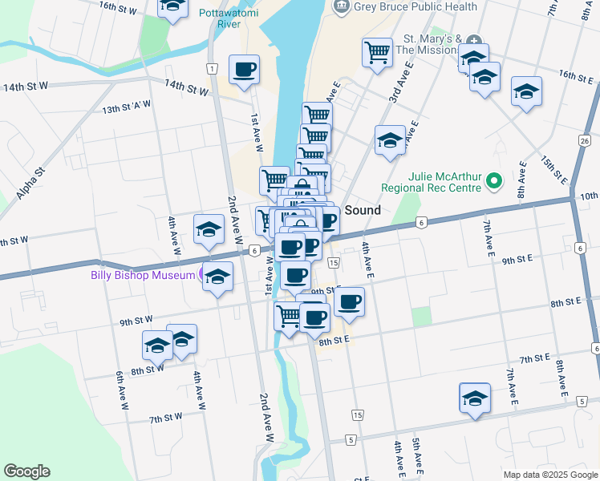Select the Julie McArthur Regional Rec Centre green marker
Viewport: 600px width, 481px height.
point(495,183)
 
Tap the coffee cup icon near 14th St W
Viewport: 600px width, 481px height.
point(244,69)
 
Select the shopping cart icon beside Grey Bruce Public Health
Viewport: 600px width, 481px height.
point(377,53)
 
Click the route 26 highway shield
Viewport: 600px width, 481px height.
point(584,141)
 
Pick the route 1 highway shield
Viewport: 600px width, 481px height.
point(210,69)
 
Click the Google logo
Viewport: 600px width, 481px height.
point(26,471)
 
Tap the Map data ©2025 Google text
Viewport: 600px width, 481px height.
point(549,475)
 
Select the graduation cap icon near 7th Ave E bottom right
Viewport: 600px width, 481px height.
point(475,398)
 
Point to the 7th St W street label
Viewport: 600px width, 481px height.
point(166,418)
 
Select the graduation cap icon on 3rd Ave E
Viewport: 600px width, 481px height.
point(390,140)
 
